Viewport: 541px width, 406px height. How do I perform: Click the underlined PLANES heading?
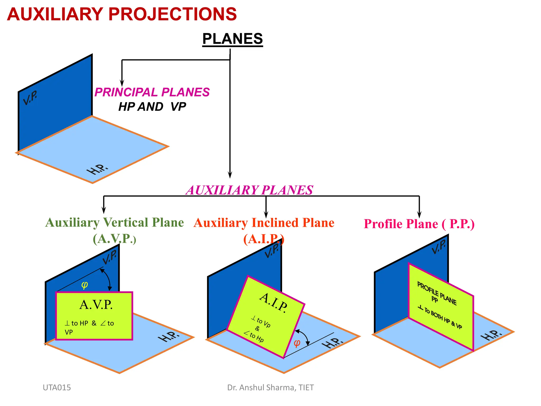(x=232, y=39)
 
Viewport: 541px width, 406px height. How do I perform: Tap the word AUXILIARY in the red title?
(x=55, y=14)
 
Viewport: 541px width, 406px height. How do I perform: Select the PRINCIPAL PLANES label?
(x=152, y=92)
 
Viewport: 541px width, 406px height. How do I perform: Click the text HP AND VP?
(x=152, y=107)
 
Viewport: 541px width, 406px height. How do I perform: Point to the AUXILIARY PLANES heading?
(x=249, y=190)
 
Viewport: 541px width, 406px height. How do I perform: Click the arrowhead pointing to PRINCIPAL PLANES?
(x=122, y=83)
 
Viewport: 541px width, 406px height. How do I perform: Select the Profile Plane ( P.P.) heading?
(x=419, y=224)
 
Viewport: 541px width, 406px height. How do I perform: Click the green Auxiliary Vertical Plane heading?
(x=114, y=223)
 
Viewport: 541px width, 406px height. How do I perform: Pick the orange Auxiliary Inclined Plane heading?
(x=264, y=223)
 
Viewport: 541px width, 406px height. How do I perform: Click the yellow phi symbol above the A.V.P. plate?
(x=85, y=285)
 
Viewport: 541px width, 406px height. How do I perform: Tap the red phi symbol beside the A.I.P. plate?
(x=297, y=343)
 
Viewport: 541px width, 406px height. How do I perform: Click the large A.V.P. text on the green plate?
(x=96, y=305)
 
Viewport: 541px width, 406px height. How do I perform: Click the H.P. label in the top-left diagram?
(x=97, y=169)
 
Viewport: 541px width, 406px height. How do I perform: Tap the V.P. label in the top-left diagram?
(x=30, y=98)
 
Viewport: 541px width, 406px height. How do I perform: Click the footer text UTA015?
(x=57, y=387)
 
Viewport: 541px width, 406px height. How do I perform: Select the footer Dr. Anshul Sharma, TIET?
(x=270, y=387)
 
